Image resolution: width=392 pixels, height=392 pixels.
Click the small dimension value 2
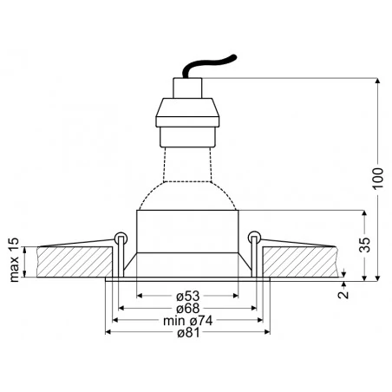tap(344, 295)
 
